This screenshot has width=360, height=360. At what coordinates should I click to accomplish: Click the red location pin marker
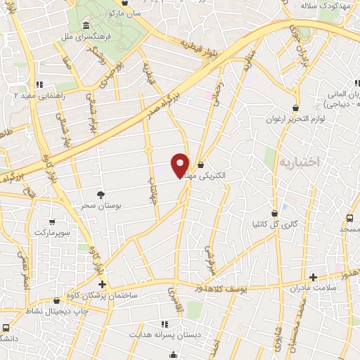[x=181, y=165]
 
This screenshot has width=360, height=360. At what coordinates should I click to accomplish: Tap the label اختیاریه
[x=300, y=162]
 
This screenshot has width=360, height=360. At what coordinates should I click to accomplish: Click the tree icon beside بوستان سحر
[x=103, y=193]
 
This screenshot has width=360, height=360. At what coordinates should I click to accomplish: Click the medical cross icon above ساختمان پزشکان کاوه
[x=103, y=284]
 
